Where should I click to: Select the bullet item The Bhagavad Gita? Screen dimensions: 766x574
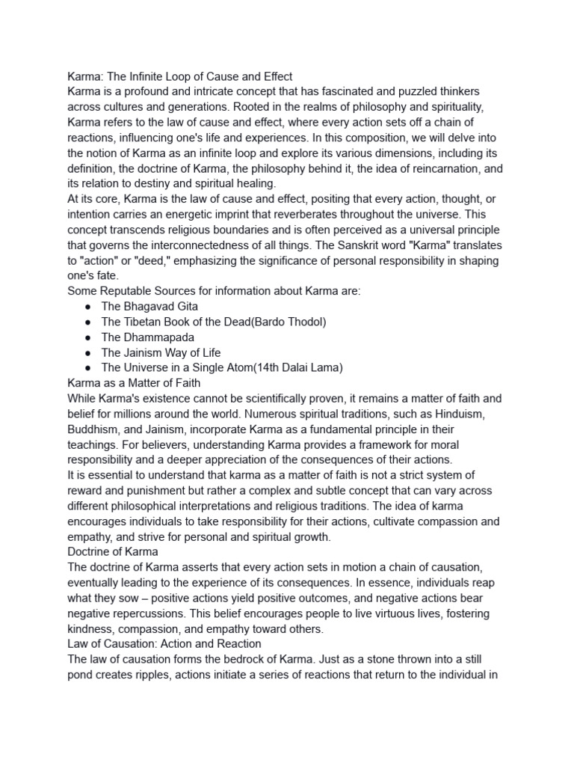tap(149, 306)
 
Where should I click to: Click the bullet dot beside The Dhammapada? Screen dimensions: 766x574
tap(88, 337)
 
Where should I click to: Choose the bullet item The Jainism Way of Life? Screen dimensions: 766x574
tap(161, 352)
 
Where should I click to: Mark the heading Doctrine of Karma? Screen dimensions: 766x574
tap(112, 551)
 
